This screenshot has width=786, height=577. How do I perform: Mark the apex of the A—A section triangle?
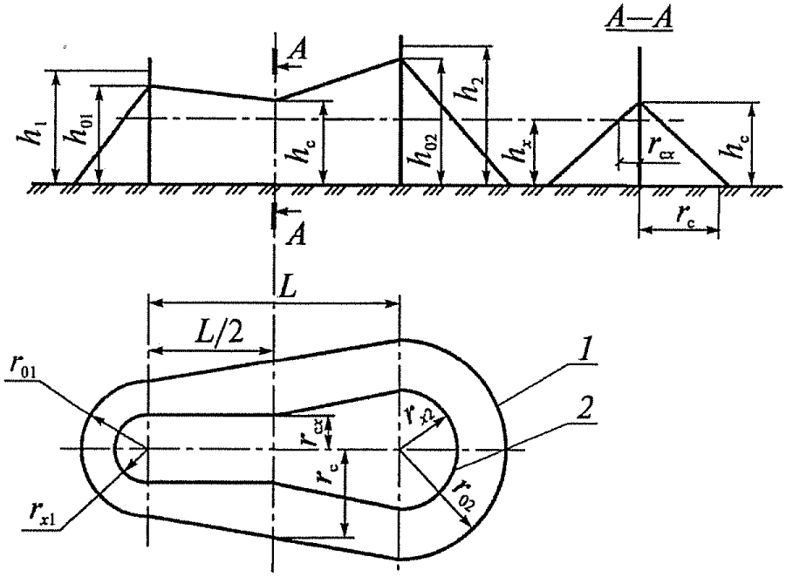pos(641,102)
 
